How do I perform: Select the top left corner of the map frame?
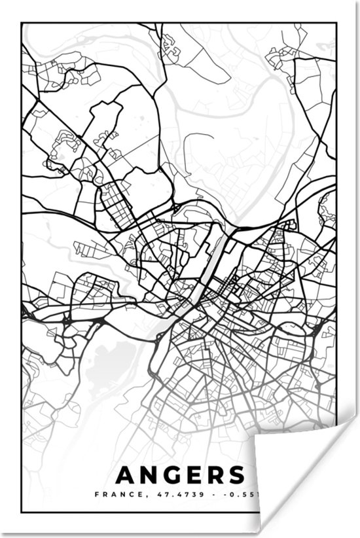(22, 24)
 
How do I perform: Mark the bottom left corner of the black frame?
(22, 512)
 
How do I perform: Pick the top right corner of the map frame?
(336, 24)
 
